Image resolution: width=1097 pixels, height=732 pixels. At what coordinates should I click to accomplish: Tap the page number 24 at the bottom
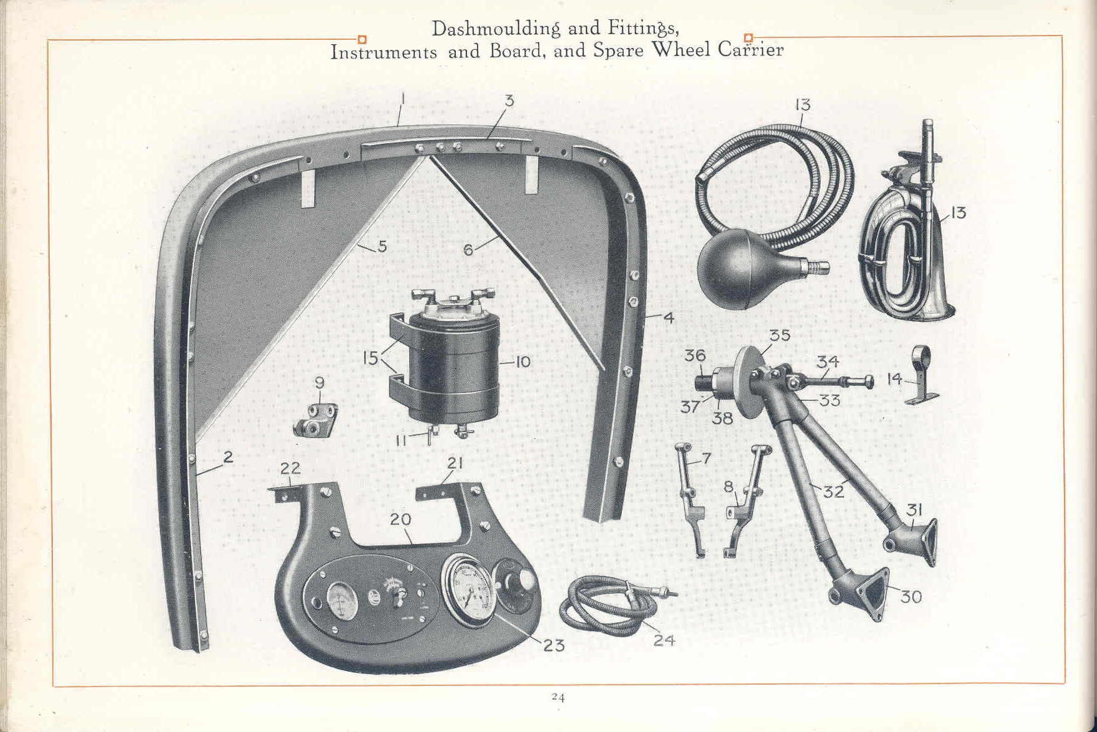558,698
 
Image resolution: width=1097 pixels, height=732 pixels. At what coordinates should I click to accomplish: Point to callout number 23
553,645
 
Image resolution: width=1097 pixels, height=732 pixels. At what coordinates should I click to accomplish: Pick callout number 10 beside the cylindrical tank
522,362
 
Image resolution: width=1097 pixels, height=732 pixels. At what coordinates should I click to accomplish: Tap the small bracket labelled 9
315,421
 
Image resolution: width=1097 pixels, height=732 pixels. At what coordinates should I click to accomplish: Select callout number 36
695,355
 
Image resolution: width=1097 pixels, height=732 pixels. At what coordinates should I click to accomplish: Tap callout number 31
914,510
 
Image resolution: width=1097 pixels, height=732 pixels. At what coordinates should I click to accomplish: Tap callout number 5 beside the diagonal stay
382,246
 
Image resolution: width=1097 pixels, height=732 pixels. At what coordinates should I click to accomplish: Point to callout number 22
290,467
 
